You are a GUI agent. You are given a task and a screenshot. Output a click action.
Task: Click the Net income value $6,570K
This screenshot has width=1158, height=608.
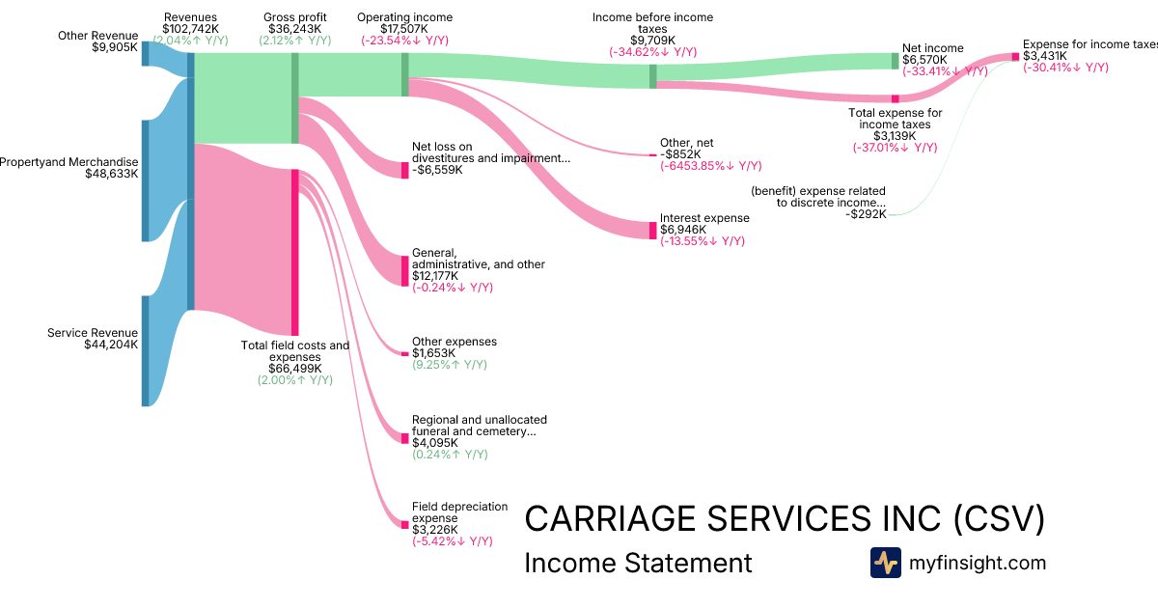coord(924,60)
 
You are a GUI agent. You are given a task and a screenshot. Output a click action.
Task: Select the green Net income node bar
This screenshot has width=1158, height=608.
coord(895,61)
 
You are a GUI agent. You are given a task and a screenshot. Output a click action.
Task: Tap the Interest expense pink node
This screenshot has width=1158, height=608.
coord(652,230)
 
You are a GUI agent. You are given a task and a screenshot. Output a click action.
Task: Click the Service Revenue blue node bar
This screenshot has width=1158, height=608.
coord(146,350)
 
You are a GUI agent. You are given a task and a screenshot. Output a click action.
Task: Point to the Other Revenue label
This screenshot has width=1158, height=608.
coord(98,36)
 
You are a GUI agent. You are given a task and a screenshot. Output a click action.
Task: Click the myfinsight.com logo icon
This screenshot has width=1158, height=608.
coord(885,563)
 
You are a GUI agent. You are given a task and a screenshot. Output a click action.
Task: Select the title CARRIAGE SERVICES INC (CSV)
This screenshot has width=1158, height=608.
coord(784,519)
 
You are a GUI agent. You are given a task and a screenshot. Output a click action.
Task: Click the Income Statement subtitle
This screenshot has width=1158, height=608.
coord(637,563)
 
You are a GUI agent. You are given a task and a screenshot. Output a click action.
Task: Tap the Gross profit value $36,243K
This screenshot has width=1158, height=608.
coord(294,30)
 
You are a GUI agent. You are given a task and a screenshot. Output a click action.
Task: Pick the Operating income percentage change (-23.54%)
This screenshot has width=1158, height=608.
coord(404,41)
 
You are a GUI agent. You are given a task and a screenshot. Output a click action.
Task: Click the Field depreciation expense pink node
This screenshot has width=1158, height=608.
coord(405,524)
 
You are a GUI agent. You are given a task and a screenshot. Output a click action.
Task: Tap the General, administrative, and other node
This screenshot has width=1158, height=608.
coord(405,270)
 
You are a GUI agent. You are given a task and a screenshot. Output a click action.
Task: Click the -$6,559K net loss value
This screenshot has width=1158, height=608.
coord(437,170)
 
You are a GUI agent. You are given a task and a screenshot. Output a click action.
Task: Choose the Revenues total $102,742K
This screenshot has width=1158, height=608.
coord(190,30)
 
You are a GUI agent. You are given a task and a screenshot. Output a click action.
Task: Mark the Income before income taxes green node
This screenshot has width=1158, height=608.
coord(652,76)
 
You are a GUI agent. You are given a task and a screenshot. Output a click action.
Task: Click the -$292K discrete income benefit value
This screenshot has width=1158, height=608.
coord(866,214)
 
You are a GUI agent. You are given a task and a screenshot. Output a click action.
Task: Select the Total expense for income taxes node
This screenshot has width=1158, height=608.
coord(895,98)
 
